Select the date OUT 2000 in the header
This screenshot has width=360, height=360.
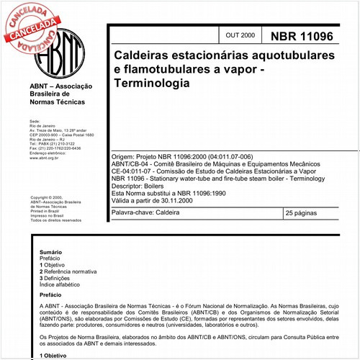pyautogui.click(x=240, y=35)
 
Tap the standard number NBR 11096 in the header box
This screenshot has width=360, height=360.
pyautogui.click(x=301, y=35)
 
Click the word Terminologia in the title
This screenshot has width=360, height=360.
pyautogui.click(x=148, y=83)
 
